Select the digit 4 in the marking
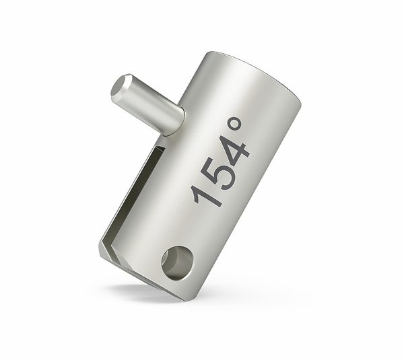click(234, 150)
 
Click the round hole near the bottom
click(178, 262)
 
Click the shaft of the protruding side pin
click(152, 106)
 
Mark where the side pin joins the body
click(178, 120)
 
